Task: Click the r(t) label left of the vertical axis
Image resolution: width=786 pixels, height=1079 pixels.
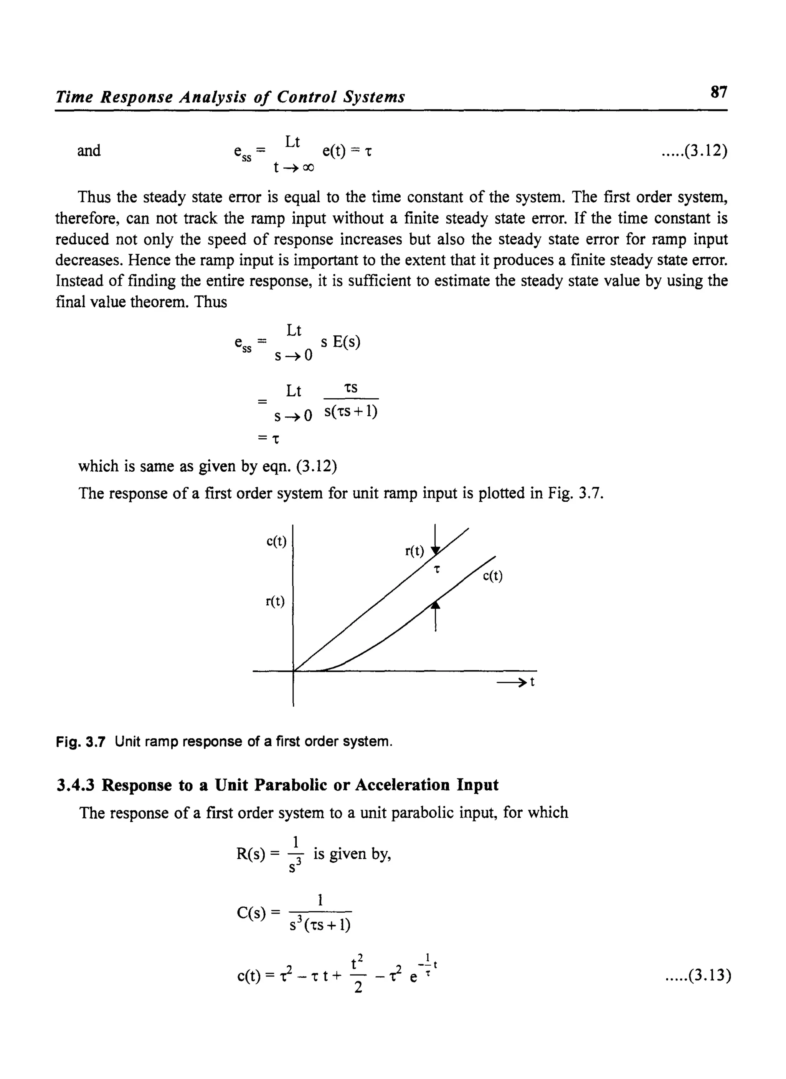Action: click(x=275, y=602)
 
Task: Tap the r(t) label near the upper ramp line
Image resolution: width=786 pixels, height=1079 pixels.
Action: click(x=414, y=551)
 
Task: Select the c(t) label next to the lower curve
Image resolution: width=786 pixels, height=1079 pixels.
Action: click(x=492, y=576)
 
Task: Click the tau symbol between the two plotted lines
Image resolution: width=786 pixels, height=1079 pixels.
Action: click(x=437, y=569)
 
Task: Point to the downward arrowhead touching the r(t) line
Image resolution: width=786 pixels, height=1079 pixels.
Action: click(x=435, y=551)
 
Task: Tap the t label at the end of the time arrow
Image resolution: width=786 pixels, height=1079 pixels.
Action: click(x=532, y=682)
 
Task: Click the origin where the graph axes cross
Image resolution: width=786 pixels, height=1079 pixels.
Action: click(x=293, y=671)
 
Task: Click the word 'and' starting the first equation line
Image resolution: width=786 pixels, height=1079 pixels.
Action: click(x=89, y=151)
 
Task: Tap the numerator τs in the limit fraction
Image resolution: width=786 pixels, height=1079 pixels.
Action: click(x=351, y=388)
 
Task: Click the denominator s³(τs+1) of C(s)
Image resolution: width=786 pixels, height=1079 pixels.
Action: click(x=320, y=925)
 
